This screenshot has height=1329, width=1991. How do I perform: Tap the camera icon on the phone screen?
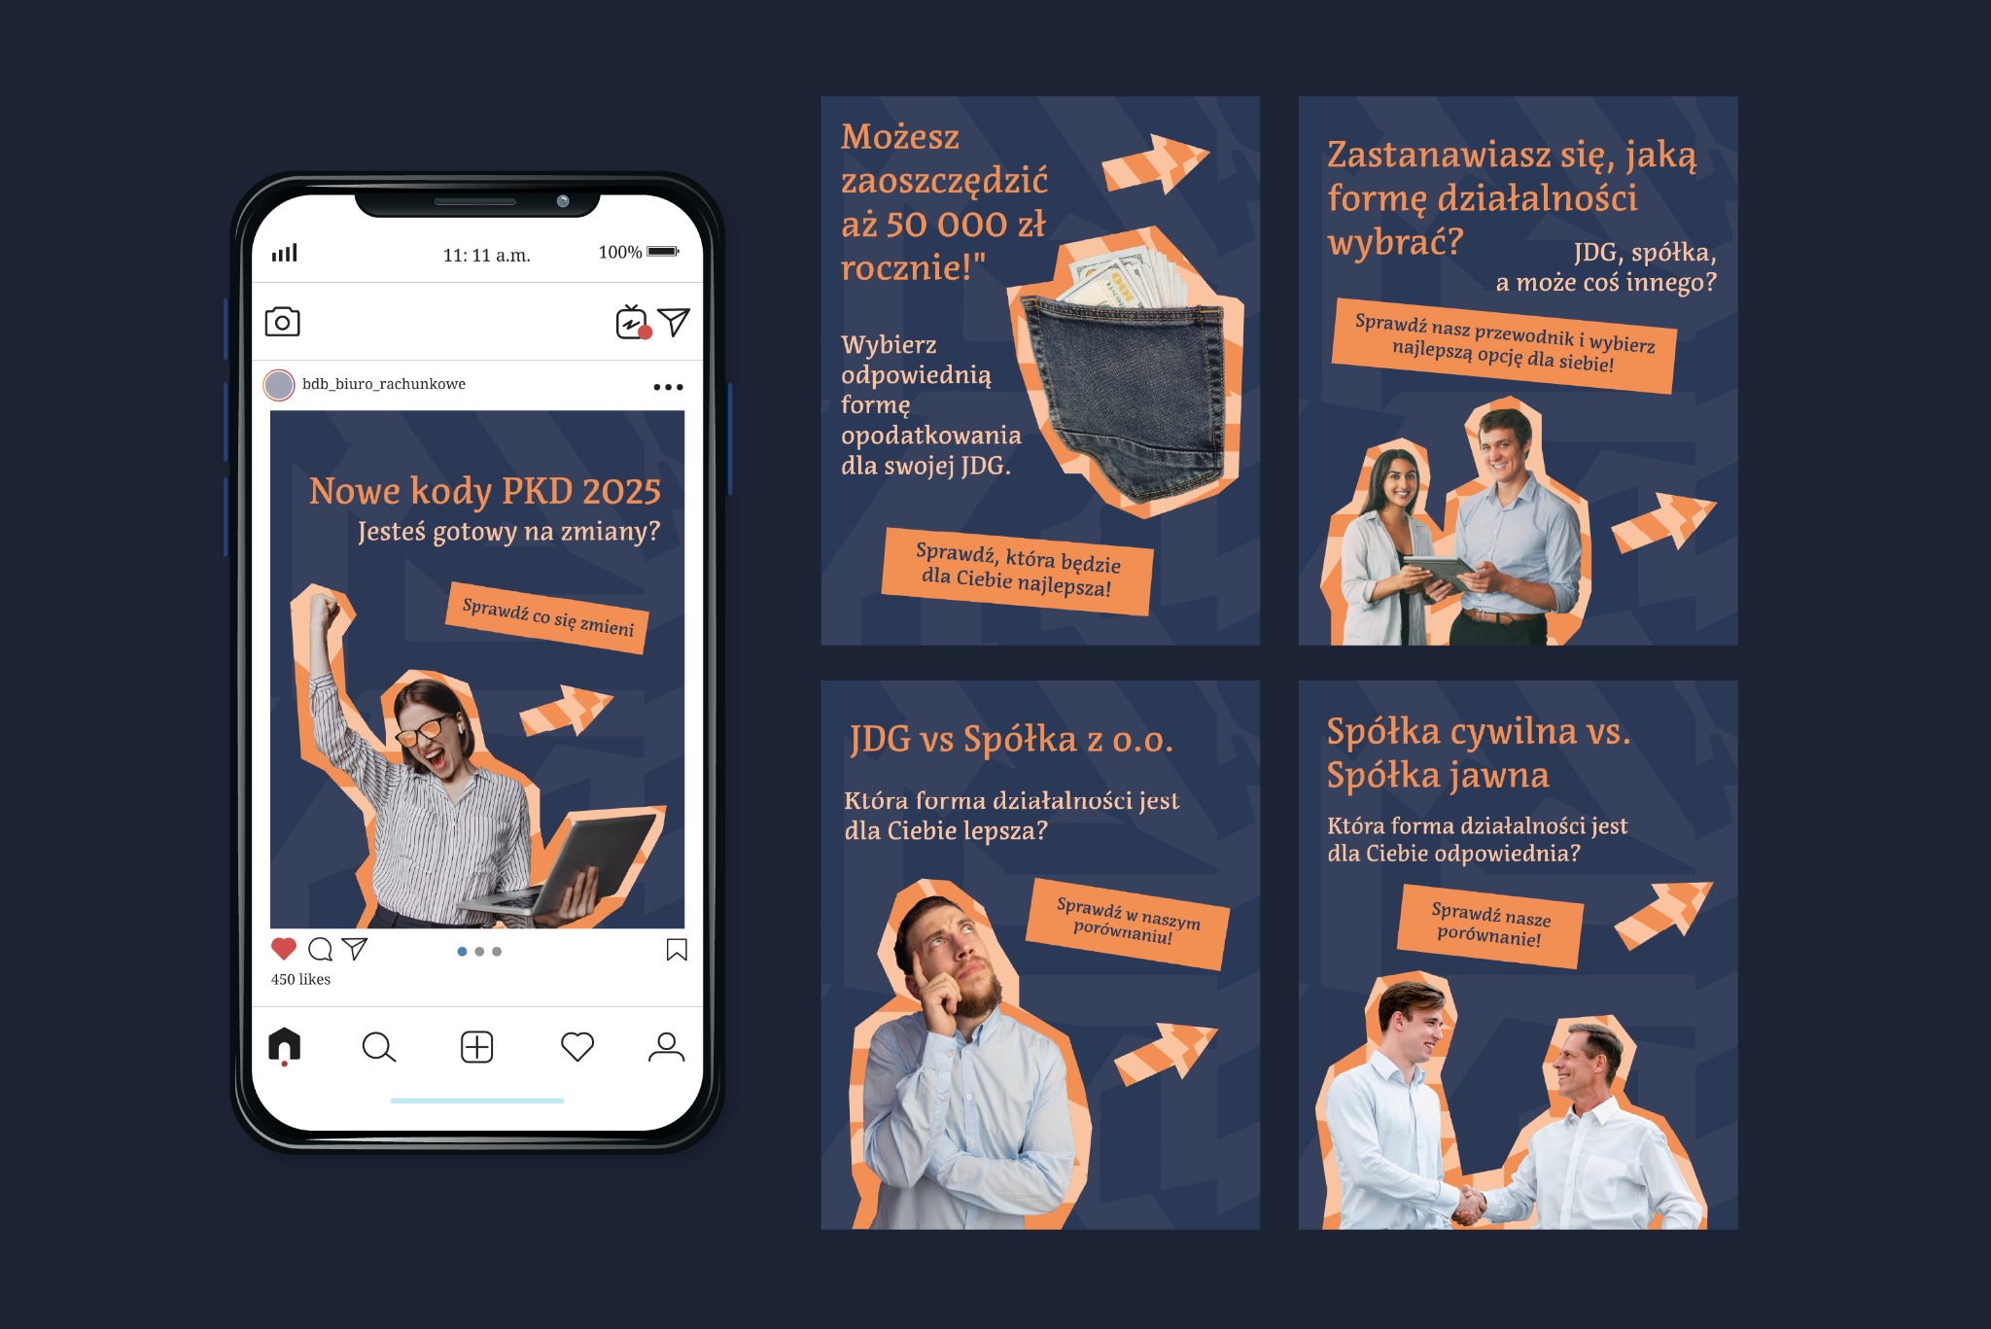[x=282, y=322]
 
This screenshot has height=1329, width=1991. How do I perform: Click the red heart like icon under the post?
[x=283, y=949]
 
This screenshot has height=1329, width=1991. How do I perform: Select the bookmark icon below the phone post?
[x=677, y=949]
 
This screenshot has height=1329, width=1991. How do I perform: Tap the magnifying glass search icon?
[x=378, y=1047]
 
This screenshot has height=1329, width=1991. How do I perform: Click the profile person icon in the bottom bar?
[x=666, y=1047]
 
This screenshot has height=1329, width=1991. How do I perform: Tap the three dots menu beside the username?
[x=668, y=387]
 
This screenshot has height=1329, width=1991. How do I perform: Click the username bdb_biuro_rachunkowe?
[x=384, y=384]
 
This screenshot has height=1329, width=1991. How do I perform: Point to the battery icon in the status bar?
[x=663, y=252]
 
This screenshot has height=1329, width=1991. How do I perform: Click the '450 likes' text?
[x=300, y=979]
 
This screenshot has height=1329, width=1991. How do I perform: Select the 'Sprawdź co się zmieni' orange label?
[x=548, y=618]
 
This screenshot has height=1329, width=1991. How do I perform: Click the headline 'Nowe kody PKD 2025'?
[x=484, y=491]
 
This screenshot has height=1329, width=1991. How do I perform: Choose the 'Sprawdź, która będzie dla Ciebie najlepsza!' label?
[x=1017, y=572]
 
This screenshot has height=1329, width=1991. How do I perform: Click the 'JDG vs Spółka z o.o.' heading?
[x=1011, y=740]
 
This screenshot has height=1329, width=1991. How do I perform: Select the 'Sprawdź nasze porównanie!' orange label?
[x=1489, y=926]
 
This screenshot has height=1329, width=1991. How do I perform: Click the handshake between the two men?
[x=1470, y=1206]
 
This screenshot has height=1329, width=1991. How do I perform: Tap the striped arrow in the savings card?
[x=1155, y=162]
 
